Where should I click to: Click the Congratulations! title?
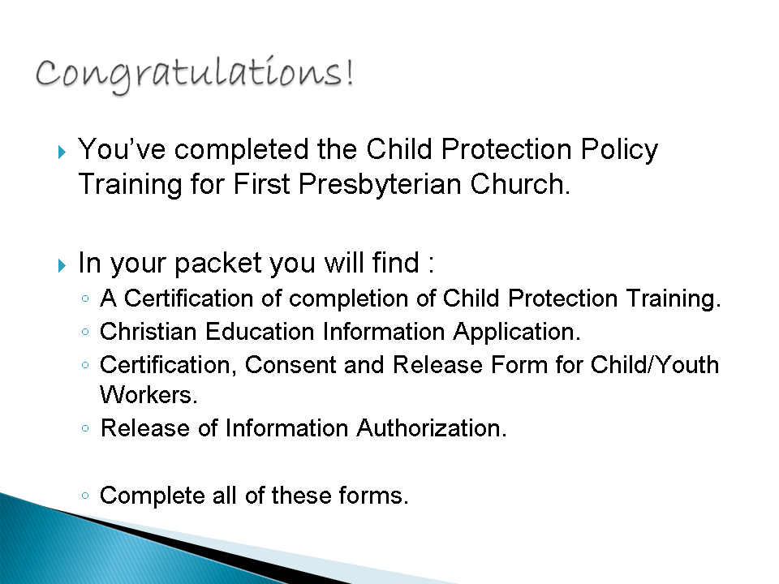(194, 75)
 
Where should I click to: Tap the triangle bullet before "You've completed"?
(62, 152)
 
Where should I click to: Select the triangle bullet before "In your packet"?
(62, 265)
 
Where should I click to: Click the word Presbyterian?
(380, 185)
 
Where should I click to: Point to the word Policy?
(619, 150)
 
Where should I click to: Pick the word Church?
(519, 184)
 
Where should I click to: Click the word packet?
(218, 264)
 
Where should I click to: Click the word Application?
(517, 333)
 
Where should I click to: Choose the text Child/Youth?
(655, 365)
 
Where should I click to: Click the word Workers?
(148, 395)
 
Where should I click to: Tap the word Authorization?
(431, 428)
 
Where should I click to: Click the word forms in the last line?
(373, 496)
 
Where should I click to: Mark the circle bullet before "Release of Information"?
(85, 428)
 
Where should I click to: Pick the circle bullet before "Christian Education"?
(85, 332)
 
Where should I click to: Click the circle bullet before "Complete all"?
(85, 495)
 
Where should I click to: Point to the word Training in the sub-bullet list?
(674, 299)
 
